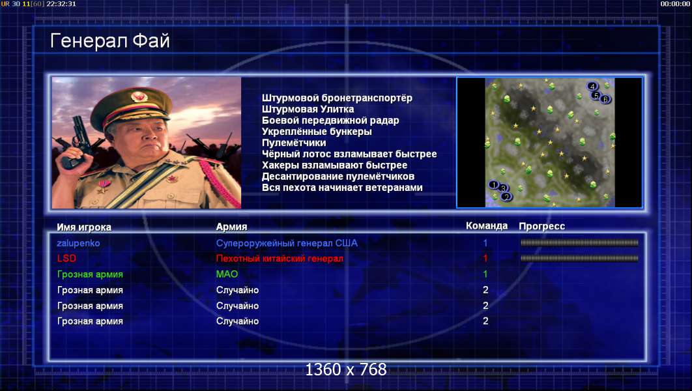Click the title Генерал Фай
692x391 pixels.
(110, 41)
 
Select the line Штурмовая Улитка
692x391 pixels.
(308, 109)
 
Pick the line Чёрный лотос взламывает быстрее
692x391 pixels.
(349, 154)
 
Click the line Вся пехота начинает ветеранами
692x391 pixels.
(342, 188)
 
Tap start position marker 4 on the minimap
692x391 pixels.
(592, 86)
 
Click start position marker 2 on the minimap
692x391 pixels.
(506, 196)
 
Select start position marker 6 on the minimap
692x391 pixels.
(605, 99)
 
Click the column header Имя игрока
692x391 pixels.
(84, 227)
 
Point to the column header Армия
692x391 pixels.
(231, 227)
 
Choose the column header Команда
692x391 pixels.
(486, 226)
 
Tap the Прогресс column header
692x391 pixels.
(541, 226)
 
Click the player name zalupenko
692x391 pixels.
(78, 243)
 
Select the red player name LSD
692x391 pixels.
(66, 258)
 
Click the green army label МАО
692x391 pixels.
(227, 274)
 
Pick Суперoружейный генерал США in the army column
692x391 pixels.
(287, 243)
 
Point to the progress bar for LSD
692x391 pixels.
(579, 258)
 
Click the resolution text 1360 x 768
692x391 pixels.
(346, 369)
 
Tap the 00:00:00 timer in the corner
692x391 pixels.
(675, 4)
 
